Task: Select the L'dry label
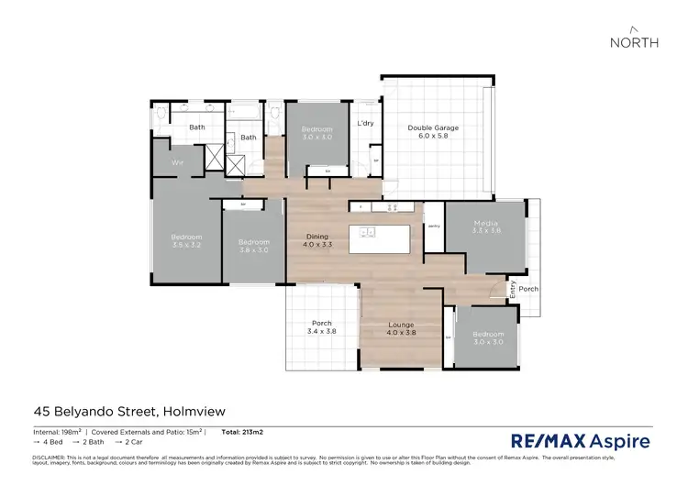point(365,123)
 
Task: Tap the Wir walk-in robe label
point(180,162)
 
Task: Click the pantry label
point(433,225)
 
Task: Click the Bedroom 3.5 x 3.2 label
point(185,242)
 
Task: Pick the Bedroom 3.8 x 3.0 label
point(253,246)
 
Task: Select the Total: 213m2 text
point(242,431)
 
